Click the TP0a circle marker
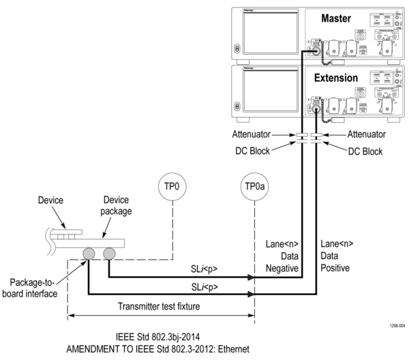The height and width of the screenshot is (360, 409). click(x=254, y=186)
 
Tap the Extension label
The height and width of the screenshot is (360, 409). click(x=335, y=78)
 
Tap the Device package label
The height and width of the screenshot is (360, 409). click(x=117, y=205)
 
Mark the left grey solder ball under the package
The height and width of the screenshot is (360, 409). click(x=89, y=254)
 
